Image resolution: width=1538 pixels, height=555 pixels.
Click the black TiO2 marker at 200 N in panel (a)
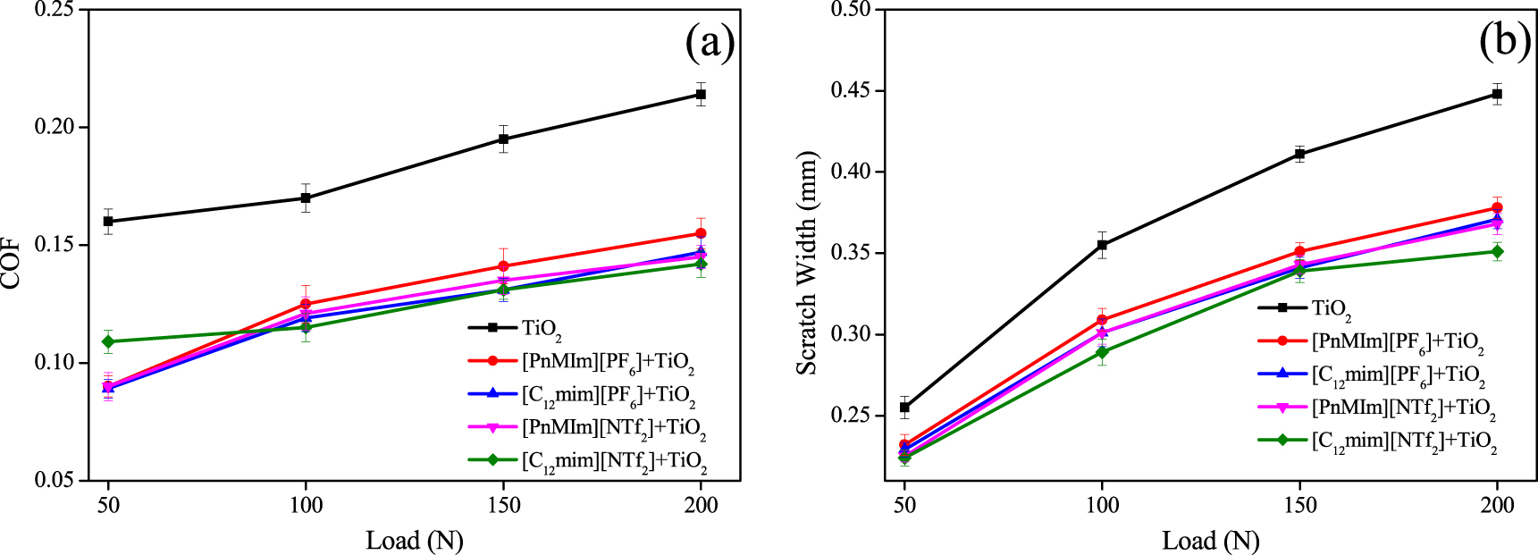coord(701,94)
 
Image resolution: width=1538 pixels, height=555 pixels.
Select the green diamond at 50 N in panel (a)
coord(108,341)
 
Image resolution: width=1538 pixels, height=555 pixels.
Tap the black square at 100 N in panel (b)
coord(1102,245)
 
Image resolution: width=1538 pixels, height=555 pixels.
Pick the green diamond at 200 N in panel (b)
coord(1497,252)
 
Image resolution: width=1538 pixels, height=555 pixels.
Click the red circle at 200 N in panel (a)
coord(701,233)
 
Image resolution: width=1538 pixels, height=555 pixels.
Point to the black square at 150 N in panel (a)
coord(503,139)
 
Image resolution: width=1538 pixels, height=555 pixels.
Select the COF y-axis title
coord(12,263)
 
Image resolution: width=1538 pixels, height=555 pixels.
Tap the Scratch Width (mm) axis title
coord(807,264)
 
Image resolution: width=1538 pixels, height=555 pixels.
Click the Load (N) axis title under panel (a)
coord(414,540)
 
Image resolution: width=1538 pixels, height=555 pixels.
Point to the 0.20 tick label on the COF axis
coord(55,127)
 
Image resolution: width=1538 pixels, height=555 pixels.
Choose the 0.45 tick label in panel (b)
coord(852,90)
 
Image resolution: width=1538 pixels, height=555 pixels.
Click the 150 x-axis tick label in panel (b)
coord(1299,505)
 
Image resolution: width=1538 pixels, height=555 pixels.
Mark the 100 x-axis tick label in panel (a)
coord(306,505)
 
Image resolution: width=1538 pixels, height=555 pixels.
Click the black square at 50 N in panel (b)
coord(904,408)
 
